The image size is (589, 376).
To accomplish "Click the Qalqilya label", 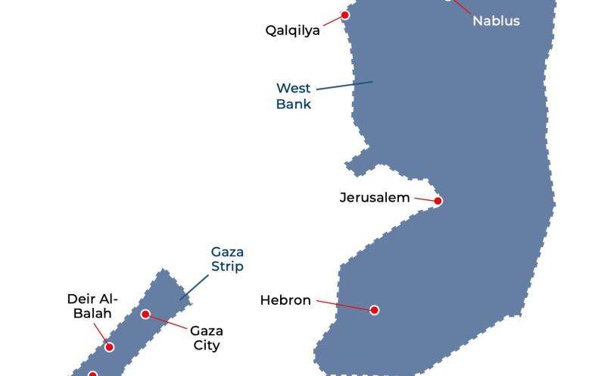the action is coord(292,30).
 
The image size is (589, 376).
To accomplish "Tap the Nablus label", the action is coord(496,21).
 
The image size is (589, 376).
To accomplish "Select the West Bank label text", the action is coord(293,96).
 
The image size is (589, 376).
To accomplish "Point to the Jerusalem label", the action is coord(374,198).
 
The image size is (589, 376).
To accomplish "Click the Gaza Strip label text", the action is coord(227,258).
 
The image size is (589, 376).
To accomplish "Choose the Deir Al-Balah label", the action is coord(92,306).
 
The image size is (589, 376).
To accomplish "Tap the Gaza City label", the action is coord(206,338).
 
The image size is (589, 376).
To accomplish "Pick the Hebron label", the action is coord(285,300).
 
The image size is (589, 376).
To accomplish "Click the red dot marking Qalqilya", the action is coord(345,15).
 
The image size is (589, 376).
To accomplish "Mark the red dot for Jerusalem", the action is coord(438,201).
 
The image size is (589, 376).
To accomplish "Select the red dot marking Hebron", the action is coord(374,309).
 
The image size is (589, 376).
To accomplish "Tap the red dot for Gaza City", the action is coord(145,314).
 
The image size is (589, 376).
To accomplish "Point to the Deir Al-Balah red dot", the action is coord(109,346).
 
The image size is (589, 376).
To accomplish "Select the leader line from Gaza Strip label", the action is coord(195,287).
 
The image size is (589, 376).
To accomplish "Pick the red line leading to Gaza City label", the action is coord(168,321).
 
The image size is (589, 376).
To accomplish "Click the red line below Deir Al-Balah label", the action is coord(101,334).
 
